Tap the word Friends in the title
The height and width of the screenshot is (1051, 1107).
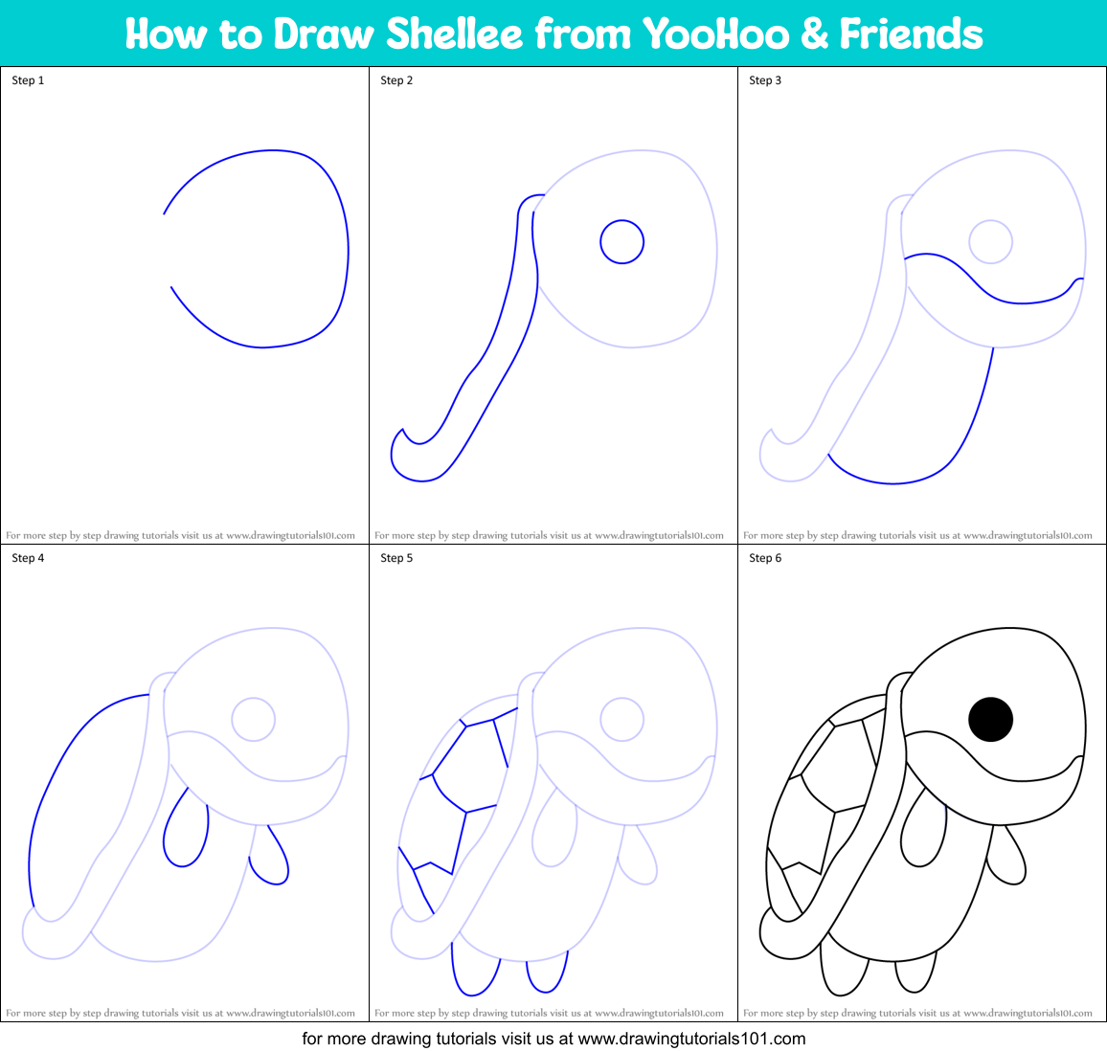(911, 34)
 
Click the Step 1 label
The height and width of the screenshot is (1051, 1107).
(28, 80)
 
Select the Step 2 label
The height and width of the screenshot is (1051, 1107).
(396, 80)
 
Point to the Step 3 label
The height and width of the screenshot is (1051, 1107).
(765, 80)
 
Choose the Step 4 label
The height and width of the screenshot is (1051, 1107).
(28, 558)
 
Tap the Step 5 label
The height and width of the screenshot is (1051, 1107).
(396, 558)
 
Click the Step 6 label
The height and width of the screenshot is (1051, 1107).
(765, 558)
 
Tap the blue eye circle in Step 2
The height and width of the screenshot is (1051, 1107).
(622, 242)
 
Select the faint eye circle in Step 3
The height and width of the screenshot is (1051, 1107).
(990, 242)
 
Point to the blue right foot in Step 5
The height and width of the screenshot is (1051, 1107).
(547, 972)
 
